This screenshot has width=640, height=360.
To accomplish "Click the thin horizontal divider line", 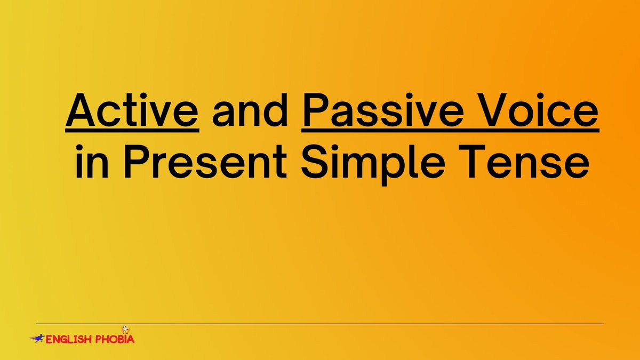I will click(x=320, y=324).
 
